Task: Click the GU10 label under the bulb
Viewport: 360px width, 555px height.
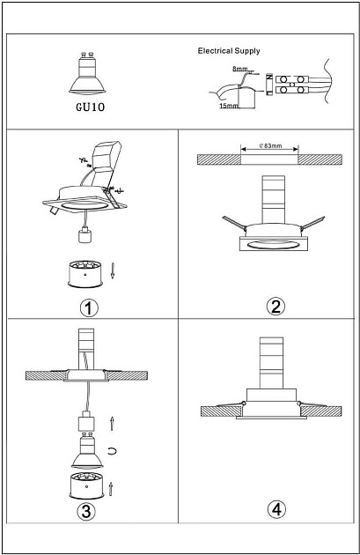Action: coord(91,107)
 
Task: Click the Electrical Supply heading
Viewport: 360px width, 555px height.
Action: coord(229,51)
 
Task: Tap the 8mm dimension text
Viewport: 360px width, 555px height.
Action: coord(239,69)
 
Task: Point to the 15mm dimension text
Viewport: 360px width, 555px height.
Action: coord(229,106)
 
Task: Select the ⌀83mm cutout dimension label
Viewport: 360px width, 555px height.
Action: coord(270,145)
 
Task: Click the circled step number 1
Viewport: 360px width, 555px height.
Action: coord(89,308)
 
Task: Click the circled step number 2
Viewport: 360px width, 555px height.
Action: coord(276,307)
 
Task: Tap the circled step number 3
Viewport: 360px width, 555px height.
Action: coord(86,511)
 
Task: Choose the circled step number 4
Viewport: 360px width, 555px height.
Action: coord(276,509)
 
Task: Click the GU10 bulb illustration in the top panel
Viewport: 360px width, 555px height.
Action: coord(87,74)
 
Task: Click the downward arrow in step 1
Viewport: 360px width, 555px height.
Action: coord(113,270)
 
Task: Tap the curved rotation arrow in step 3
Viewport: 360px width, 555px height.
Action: coord(113,450)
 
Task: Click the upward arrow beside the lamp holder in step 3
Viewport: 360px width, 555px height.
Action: coord(112,423)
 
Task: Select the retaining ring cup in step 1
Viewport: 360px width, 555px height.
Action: coord(85,274)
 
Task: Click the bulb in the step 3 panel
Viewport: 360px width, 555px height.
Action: coord(87,450)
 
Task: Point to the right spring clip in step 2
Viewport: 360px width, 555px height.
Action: coord(312,222)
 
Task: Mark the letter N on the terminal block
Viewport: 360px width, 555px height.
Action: coord(269,78)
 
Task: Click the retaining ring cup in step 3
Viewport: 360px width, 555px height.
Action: coord(87,485)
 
